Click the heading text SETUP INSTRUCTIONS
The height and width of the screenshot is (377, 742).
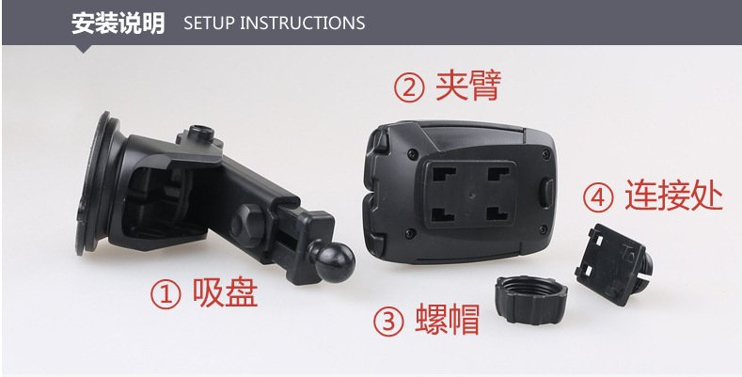(x=274, y=23)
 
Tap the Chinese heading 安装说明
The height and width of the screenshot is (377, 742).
(x=118, y=24)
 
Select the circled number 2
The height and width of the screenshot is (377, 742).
(x=409, y=87)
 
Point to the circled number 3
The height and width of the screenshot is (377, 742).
(x=388, y=322)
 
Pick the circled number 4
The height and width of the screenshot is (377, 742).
(x=598, y=197)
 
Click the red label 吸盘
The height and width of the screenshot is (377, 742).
(x=225, y=292)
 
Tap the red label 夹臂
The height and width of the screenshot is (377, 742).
(x=467, y=86)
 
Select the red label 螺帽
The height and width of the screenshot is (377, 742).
(x=448, y=320)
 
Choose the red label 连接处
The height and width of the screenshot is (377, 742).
(x=674, y=195)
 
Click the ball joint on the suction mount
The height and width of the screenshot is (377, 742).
(x=335, y=262)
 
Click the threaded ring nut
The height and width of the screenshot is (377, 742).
(x=531, y=300)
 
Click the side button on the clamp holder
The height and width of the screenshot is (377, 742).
(x=547, y=192)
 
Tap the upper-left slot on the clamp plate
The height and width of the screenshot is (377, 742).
(x=444, y=175)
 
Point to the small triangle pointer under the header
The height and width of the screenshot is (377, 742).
(x=85, y=49)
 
